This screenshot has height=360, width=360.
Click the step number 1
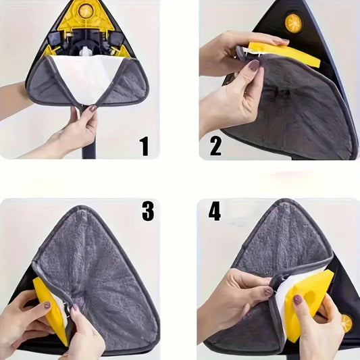[x=145, y=146]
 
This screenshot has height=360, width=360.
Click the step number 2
[x=215, y=146]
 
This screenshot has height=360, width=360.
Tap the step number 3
[x=148, y=211]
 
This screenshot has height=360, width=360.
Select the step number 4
[x=215, y=211]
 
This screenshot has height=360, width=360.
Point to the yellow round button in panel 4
[x=346, y=324]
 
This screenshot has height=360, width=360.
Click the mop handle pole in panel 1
[x=90, y=140]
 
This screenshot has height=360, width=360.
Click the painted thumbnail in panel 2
[x=254, y=66]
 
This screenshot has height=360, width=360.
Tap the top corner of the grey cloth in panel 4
[x=285, y=201]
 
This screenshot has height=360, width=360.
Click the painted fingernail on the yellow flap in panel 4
[x=297, y=299]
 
